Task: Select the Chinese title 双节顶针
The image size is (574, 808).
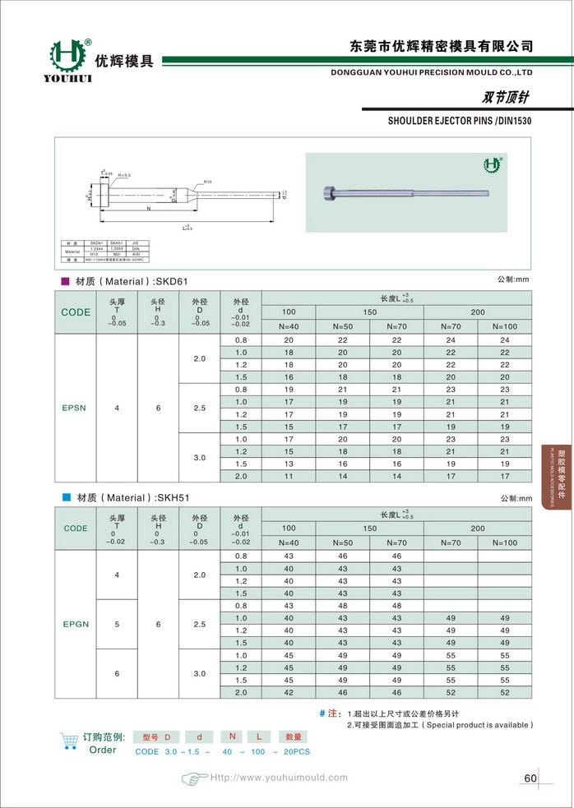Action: pyautogui.click(x=505, y=97)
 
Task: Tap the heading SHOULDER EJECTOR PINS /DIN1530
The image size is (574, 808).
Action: pyautogui.click(x=460, y=120)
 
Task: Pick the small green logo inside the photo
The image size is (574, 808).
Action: pyautogui.click(x=493, y=164)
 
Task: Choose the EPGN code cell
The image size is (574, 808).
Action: pyautogui.click(x=76, y=624)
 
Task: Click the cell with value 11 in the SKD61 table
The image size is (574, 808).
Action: pyautogui.click(x=289, y=476)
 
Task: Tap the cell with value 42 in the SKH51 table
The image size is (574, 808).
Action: pyautogui.click(x=289, y=693)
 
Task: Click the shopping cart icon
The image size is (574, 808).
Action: pyautogui.click(x=70, y=741)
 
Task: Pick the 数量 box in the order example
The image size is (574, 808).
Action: pyautogui.click(x=294, y=736)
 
